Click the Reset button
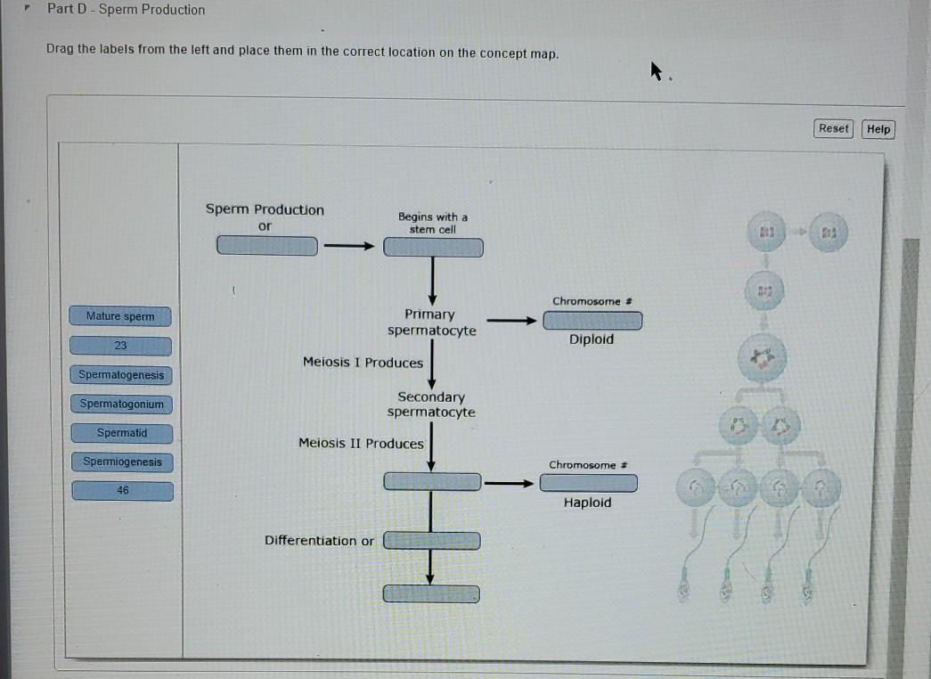tap(834, 129)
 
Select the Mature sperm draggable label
tap(120, 316)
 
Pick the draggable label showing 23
tap(120, 346)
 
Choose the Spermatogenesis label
tap(121, 375)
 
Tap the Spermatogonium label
tap(122, 405)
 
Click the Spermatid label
tap(122, 433)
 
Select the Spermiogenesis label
tap(123, 462)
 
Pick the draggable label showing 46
tap(123, 491)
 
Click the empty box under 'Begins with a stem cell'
tap(433, 247)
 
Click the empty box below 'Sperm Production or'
tap(267, 245)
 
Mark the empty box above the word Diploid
tap(592, 320)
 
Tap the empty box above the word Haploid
tap(589, 483)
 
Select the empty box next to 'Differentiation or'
tap(432, 540)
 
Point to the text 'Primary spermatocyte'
tap(431, 323)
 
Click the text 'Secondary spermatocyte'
tap(431, 405)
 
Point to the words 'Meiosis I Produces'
tap(363, 363)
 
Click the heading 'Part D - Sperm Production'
tap(126, 10)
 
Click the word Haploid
tap(587, 503)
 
